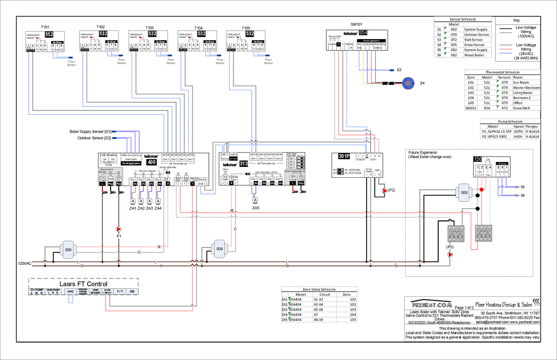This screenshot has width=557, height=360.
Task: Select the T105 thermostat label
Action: [x=246, y=27]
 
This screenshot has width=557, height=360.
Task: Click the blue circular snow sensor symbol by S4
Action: [x=407, y=83]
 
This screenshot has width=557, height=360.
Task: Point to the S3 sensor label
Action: [x=399, y=70]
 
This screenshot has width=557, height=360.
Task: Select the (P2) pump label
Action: [x=392, y=190]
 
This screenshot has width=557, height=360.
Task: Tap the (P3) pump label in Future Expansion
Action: [x=450, y=247]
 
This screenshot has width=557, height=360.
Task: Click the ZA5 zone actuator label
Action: [x=256, y=208]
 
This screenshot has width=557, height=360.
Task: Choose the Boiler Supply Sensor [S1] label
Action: [x=90, y=132]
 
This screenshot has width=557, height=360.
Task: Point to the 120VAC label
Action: [x=25, y=263]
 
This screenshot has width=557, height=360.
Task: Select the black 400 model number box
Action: [x=151, y=162]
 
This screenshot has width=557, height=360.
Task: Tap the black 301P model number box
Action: [x=343, y=157]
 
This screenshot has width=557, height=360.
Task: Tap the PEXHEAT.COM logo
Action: [x=429, y=305]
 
